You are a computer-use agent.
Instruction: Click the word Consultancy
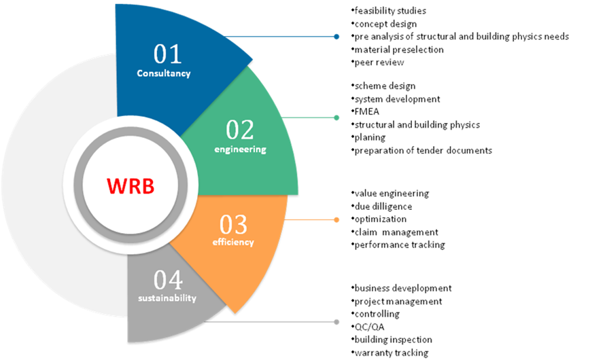pyautogui.click(x=163, y=73)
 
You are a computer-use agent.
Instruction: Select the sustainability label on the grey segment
pyautogui.click(x=167, y=298)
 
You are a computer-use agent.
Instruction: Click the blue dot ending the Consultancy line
pyautogui.click(x=337, y=37)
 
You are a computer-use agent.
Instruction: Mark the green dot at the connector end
pyautogui.click(x=337, y=118)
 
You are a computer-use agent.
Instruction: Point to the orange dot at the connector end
pyautogui.click(x=337, y=219)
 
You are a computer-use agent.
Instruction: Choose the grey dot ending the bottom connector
pyautogui.click(x=337, y=321)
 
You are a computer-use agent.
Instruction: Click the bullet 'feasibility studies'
pyautogui.click(x=390, y=11)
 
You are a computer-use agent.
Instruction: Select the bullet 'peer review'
pyautogui.click(x=379, y=62)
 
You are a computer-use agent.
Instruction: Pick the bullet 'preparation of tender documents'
pyautogui.click(x=422, y=151)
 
